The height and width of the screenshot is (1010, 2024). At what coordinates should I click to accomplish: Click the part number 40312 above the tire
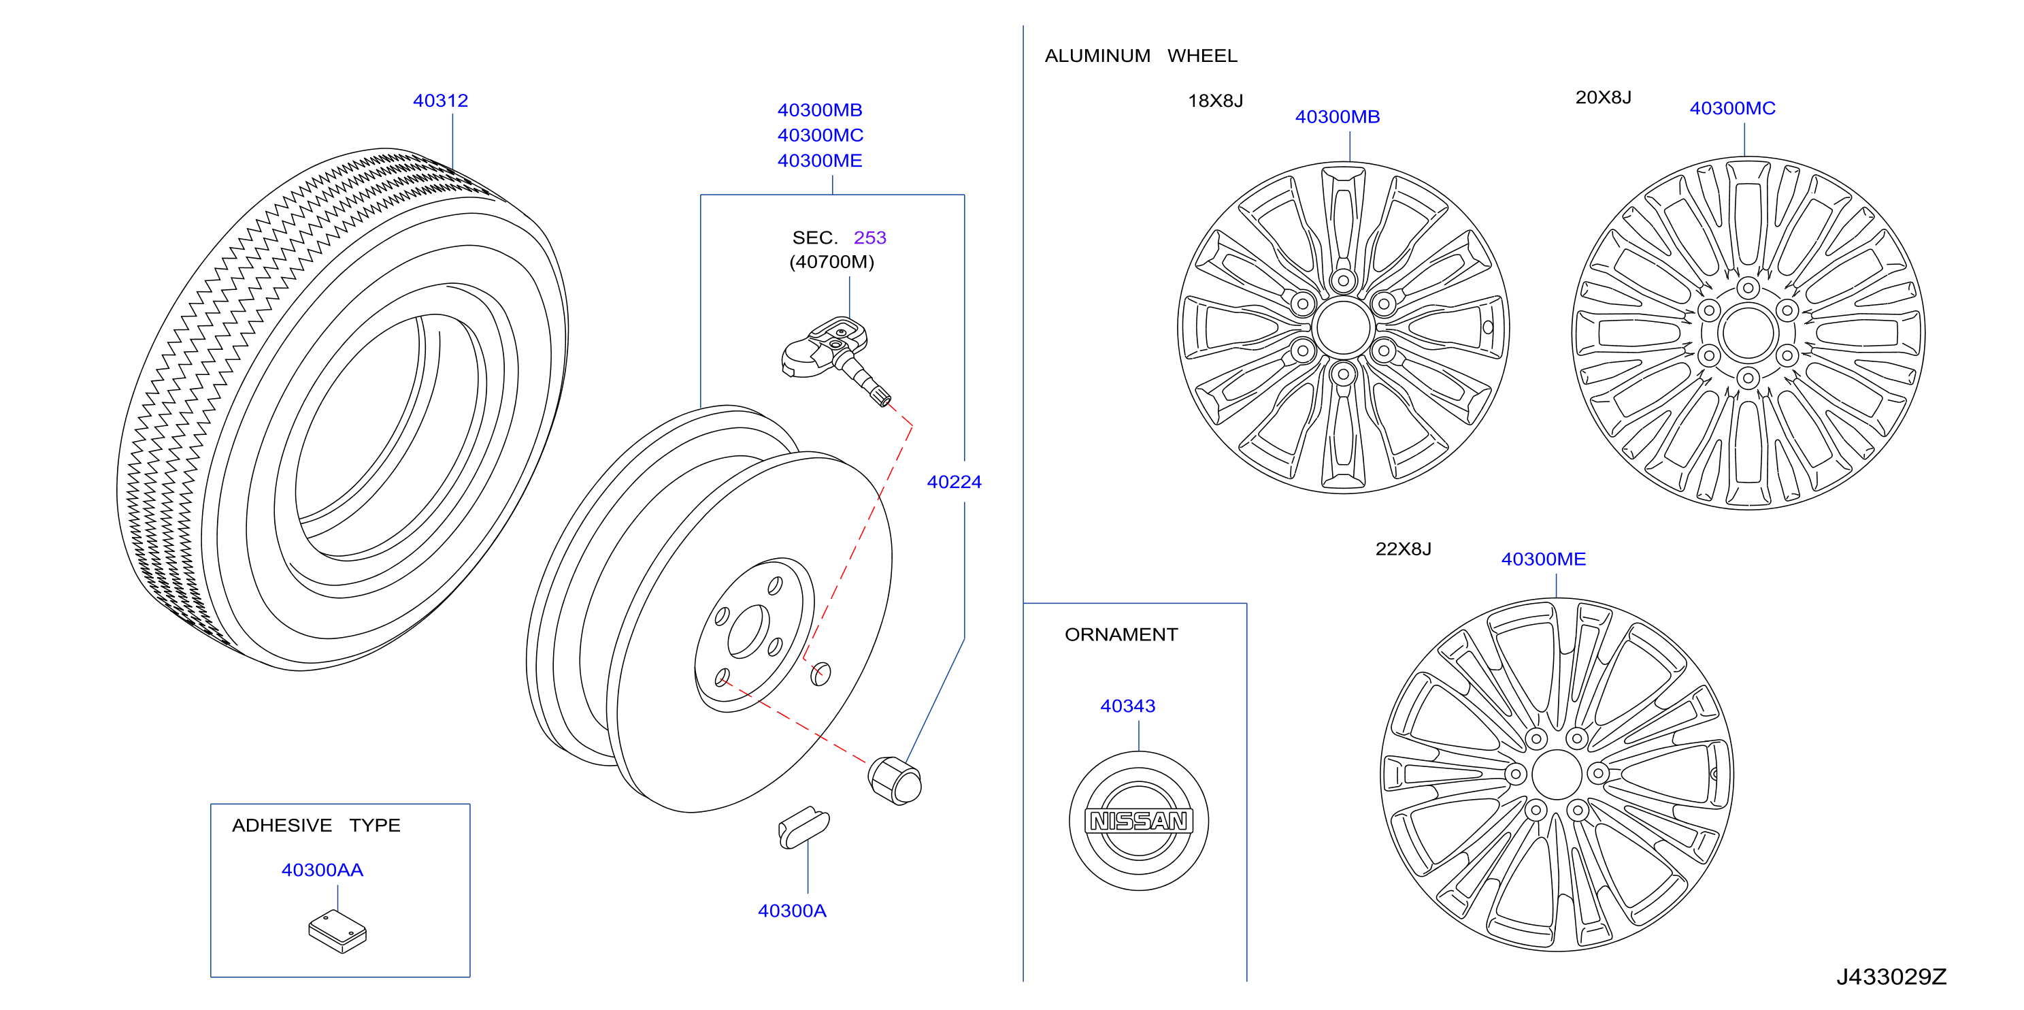pyautogui.click(x=440, y=101)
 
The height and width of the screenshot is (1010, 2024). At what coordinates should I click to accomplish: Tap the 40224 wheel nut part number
pyautogui.click(x=954, y=482)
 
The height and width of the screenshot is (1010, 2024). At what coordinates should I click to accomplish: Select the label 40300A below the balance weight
pyautogui.click(x=792, y=910)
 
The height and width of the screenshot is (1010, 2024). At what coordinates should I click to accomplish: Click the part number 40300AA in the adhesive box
pyautogui.click(x=322, y=870)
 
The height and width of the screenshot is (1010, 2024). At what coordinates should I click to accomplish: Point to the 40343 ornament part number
pyautogui.click(x=1127, y=706)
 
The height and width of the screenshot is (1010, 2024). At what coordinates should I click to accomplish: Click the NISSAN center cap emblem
pyautogui.click(x=1138, y=821)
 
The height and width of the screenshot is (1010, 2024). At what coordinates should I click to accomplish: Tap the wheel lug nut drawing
pyautogui.click(x=895, y=780)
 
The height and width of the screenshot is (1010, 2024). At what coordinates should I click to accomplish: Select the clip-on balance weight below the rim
pyautogui.click(x=803, y=828)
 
